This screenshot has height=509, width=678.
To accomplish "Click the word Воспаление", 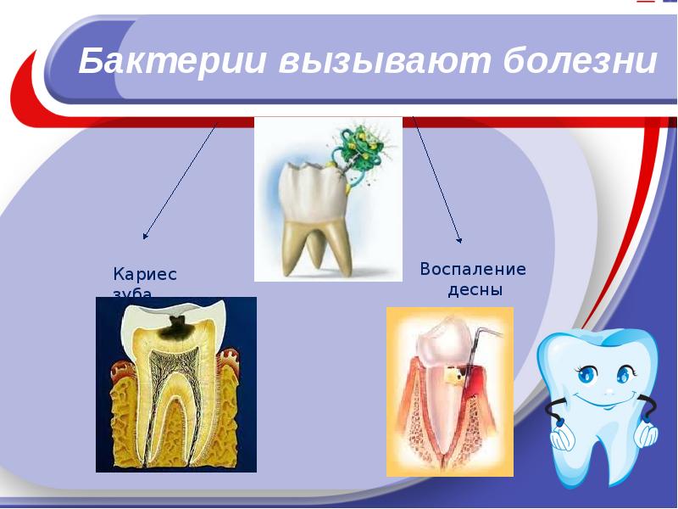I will tap(473, 270).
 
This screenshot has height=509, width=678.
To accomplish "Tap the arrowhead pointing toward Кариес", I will tap(146, 236).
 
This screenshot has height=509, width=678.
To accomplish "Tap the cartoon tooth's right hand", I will tap(647, 435).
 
